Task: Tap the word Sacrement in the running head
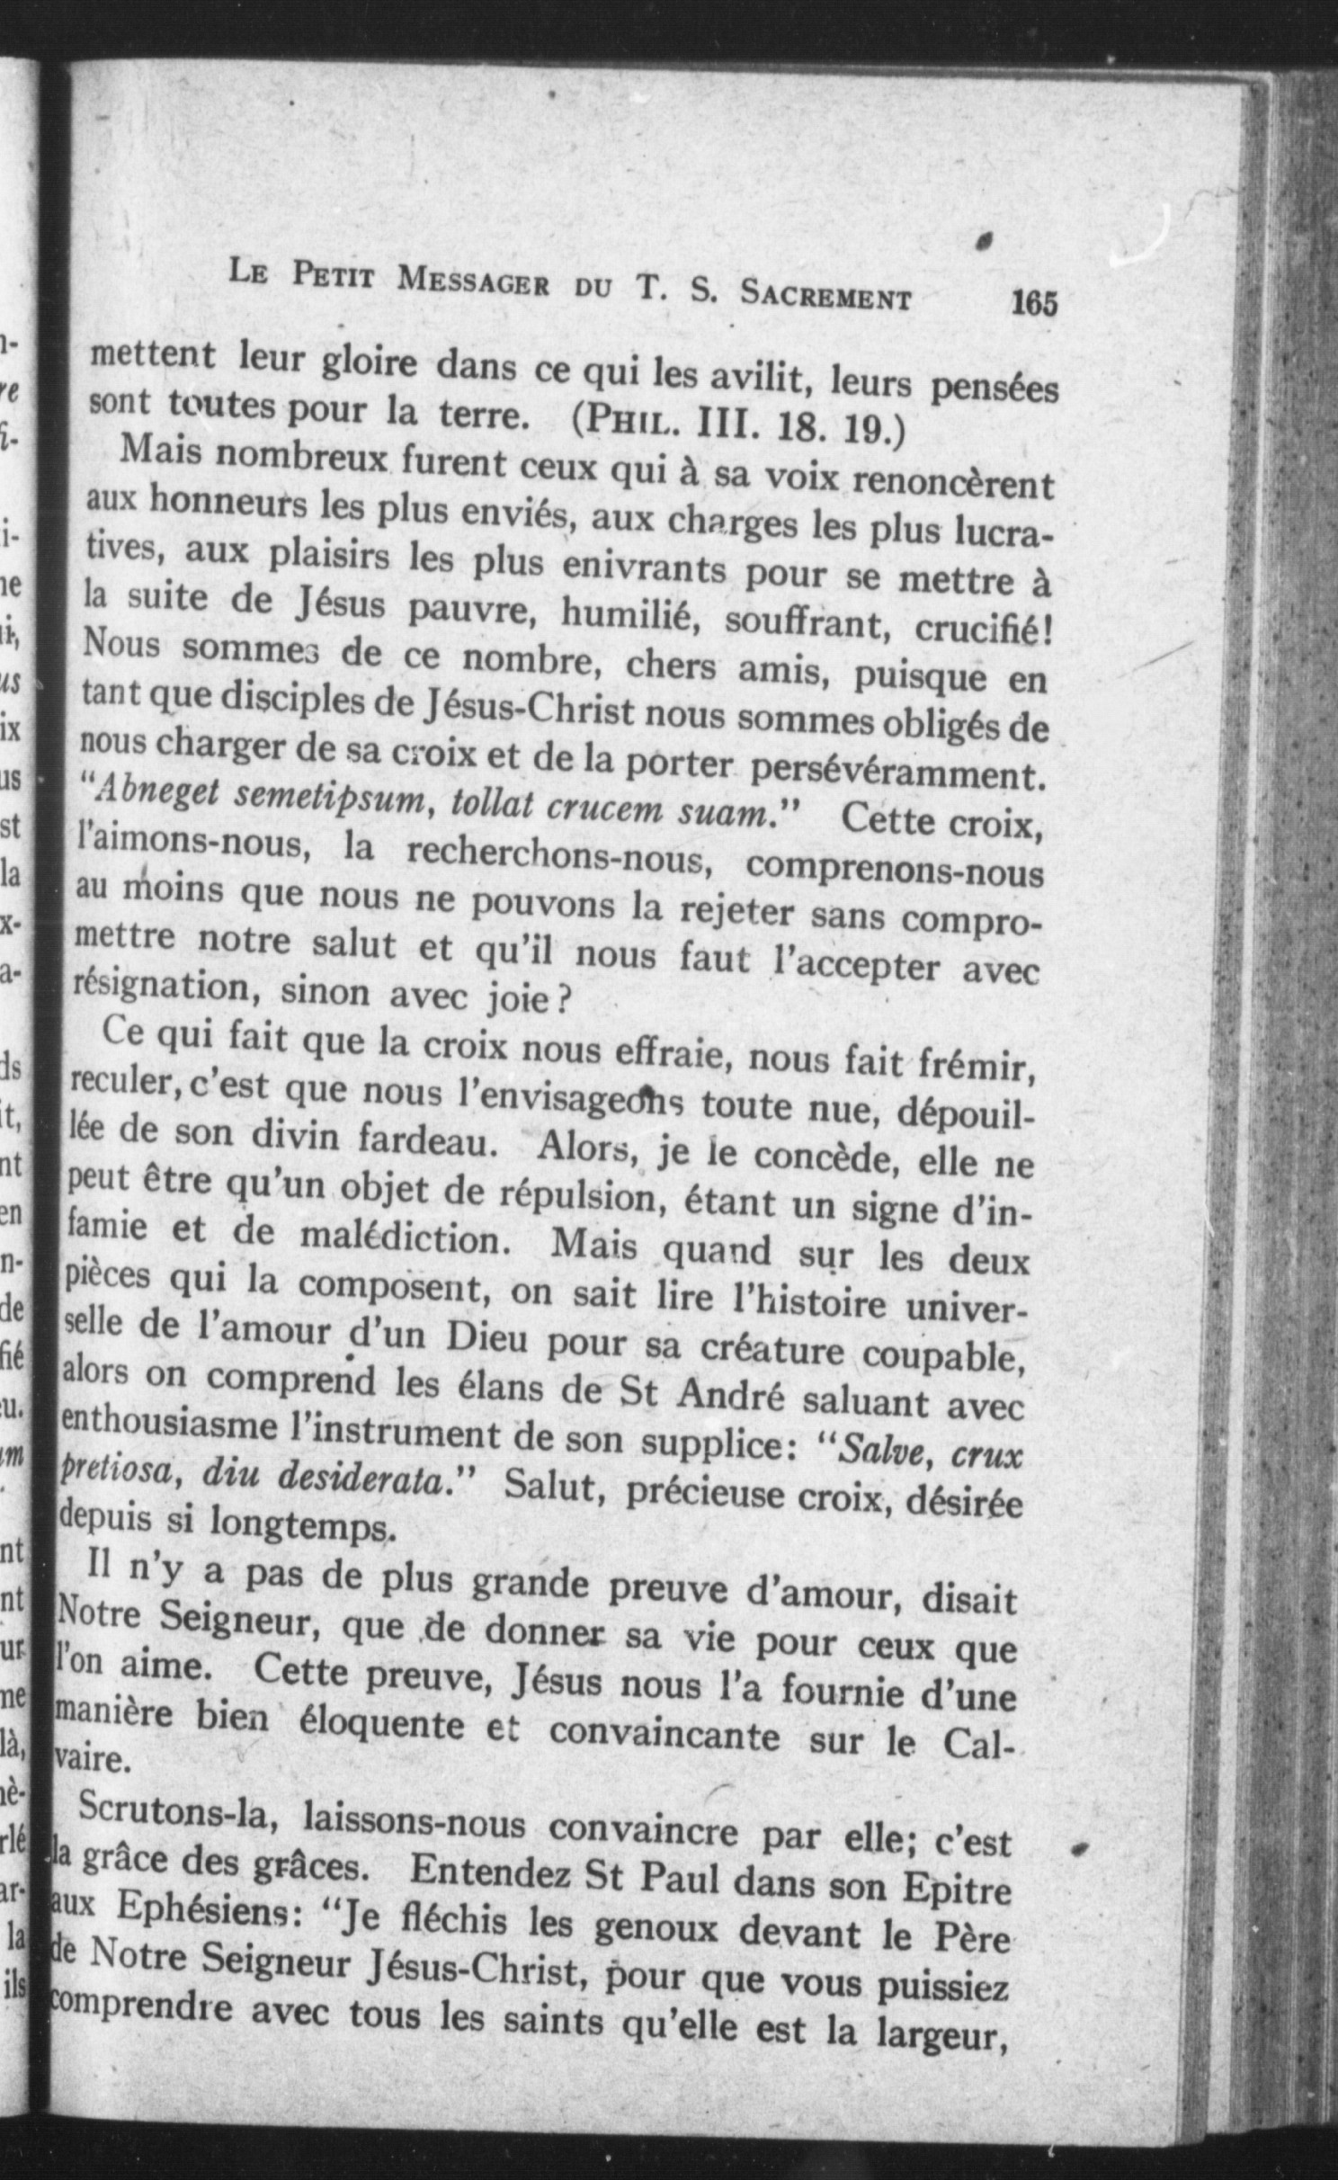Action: click(825, 295)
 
